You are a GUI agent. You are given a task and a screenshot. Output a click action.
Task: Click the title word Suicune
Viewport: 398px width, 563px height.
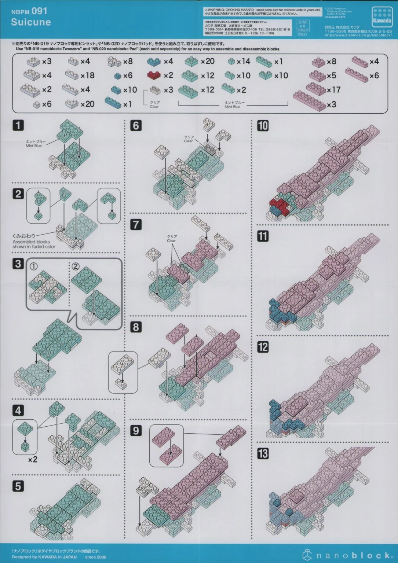(x=31, y=22)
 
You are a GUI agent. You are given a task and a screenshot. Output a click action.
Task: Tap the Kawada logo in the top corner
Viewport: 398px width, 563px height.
(x=382, y=17)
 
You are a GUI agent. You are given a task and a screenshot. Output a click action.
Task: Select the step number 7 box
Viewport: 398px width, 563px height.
(x=136, y=224)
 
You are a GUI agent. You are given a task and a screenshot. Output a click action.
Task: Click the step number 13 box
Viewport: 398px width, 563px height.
(x=263, y=454)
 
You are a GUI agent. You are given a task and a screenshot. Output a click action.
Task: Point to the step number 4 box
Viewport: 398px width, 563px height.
(x=18, y=411)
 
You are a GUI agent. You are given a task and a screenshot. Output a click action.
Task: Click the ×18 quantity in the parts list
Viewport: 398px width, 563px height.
(x=87, y=76)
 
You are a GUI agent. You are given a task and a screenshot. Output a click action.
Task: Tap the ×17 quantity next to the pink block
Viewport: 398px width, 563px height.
(x=333, y=89)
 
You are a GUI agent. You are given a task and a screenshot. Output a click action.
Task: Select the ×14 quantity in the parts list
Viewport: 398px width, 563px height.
(x=243, y=62)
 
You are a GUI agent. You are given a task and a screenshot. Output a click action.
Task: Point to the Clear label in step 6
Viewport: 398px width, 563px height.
(x=188, y=141)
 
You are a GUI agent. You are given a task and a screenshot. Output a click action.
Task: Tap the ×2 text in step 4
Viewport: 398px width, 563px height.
(x=33, y=459)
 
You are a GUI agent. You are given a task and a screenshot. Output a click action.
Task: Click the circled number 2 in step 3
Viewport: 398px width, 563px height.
(x=75, y=266)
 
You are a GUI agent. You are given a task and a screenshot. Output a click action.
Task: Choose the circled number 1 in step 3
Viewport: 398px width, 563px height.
(x=33, y=266)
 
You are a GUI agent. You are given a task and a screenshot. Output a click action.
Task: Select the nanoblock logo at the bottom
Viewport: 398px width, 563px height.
(x=348, y=555)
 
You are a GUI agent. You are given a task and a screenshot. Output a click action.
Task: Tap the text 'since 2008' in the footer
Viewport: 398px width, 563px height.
(x=95, y=557)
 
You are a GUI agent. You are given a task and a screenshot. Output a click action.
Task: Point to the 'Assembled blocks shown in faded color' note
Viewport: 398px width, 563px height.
(x=34, y=244)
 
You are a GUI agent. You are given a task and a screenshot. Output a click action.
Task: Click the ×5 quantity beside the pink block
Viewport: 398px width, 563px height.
(x=331, y=76)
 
